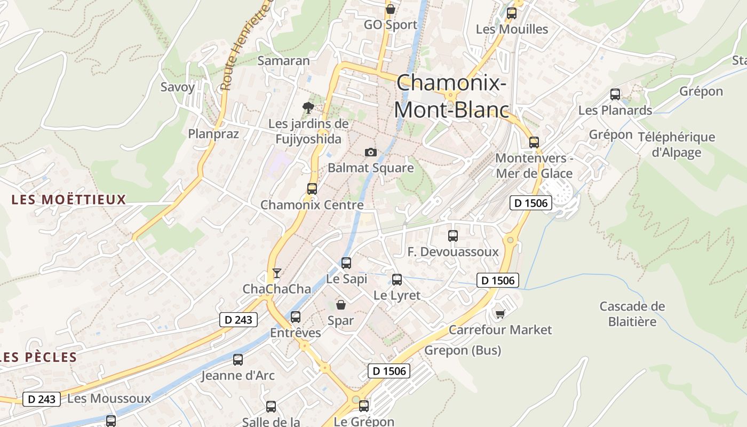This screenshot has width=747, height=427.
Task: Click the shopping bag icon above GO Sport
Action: (x=391, y=9)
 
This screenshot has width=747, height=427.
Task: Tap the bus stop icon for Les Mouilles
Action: (x=512, y=13)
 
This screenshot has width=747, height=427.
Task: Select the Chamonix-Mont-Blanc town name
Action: (x=451, y=96)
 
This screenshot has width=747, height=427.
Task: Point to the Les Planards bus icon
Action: (x=615, y=94)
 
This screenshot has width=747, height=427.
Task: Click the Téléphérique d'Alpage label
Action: (x=676, y=145)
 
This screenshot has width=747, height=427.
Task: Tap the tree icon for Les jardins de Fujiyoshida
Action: (x=308, y=107)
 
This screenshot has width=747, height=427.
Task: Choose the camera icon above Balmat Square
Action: (x=371, y=153)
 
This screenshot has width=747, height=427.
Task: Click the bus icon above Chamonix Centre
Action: (x=312, y=189)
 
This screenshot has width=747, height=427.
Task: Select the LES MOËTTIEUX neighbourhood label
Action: (x=69, y=200)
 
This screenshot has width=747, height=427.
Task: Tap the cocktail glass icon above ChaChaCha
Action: (x=276, y=273)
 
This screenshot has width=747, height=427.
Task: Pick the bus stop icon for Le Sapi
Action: (x=346, y=263)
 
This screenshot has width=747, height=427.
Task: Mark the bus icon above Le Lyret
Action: (x=397, y=280)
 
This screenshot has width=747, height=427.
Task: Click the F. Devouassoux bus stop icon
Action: (x=453, y=235)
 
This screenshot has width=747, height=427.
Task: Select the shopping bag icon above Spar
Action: (x=340, y=305)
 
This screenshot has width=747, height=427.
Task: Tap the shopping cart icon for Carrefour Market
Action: (x=500, y=314)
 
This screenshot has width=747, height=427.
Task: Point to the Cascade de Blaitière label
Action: (x=632, y=314)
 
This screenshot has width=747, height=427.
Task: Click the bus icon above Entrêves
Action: (x=296, y=317)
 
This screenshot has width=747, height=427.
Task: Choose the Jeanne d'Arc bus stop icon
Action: (x=238, y=360)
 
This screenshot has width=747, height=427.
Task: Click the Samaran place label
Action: (x=283, y=61)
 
